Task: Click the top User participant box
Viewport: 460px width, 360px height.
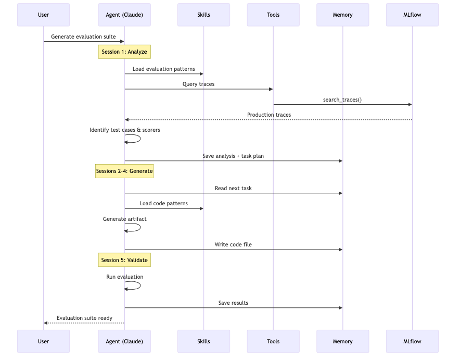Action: coord(43,15)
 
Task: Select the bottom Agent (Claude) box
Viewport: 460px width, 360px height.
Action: coord(124,341)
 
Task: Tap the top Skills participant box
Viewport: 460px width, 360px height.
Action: coord(203,15)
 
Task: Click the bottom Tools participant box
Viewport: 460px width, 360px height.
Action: coord(273,341)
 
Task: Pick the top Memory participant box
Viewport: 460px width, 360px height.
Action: coord(342,15)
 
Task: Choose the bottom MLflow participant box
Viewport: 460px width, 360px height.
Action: coord(412,341)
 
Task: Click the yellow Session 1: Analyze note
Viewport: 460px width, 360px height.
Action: coord(124,52)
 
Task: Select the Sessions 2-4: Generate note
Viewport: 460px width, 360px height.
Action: coord(124,171)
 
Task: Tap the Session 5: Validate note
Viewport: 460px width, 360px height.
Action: coord(124,260)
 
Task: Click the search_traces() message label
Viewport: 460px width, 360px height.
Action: coord(342,100)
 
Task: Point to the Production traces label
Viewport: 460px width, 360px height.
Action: coord(269,115)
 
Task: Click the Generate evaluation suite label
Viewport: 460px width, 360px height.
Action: coord(83,37)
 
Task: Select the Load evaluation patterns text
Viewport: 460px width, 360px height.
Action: coord(163,69)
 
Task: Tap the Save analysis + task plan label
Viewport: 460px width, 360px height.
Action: coord(233,156)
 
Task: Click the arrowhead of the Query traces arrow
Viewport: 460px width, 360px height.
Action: coord(271,89)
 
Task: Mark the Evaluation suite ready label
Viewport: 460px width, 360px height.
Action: coord(84,318)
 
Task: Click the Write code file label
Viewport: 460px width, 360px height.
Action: coord(233,244)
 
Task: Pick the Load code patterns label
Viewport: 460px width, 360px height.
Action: coord(163,203)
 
